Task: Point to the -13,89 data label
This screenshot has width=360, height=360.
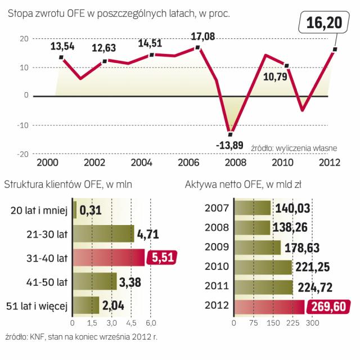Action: [229, 146]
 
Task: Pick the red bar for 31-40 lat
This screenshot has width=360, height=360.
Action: [107, 257]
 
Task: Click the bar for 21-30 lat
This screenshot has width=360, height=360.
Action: [102, 233]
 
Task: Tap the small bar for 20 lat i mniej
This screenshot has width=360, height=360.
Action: [74, 210]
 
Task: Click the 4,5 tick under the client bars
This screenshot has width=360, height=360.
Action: [131, 324]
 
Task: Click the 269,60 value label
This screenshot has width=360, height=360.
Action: [327, 307]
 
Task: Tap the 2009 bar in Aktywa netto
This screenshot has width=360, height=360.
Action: [256, 247]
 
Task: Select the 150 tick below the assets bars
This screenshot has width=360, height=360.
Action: [273, 324]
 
